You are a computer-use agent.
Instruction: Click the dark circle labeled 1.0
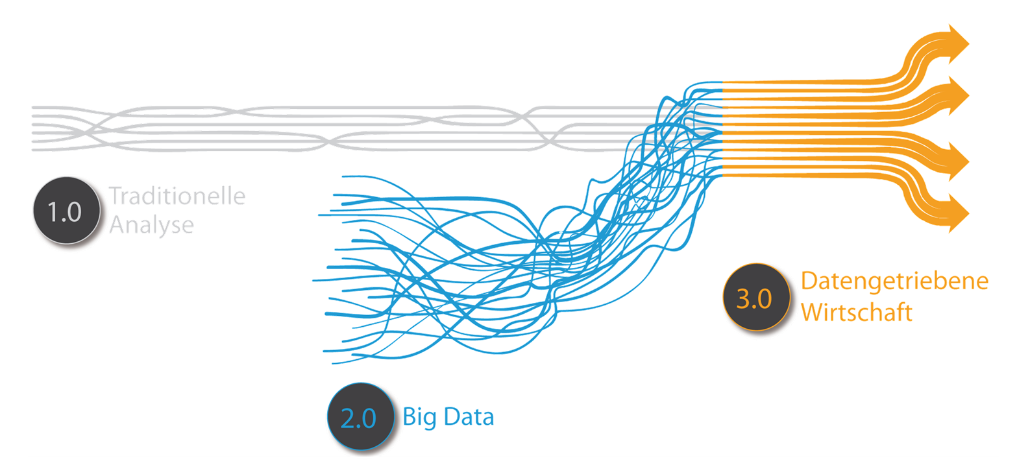click(66, 211)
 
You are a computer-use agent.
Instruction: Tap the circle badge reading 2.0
click(360, 418)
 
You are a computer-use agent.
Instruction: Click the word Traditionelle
click(177, 196)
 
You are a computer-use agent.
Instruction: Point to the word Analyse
click(152, 224)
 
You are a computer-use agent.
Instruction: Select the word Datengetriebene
click(895, 281)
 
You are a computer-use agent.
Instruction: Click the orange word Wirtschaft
click(857, 313)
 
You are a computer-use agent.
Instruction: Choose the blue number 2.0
click(358, 419)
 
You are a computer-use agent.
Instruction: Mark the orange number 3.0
click(754, 300)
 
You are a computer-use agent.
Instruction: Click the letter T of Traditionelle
click(115, 196)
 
